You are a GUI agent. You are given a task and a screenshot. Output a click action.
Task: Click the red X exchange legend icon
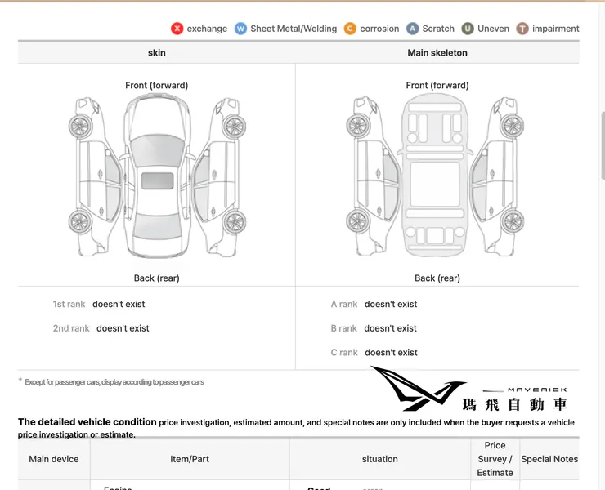pos(177,29)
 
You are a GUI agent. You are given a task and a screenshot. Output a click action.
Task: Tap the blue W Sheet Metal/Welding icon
pos(240,29)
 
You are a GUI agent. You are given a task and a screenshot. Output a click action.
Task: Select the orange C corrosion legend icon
pos(350,29)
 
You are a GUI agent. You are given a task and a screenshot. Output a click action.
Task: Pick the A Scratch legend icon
pos(413,29)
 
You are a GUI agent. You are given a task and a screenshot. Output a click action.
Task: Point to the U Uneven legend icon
pos(468,29)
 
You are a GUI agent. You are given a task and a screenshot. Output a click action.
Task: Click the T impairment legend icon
pos(522,29)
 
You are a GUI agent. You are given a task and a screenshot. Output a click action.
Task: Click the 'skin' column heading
pos(157,52)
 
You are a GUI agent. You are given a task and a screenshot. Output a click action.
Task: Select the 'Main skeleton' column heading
pos(437,52)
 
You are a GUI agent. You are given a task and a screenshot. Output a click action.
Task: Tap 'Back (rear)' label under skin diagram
pos(157,278)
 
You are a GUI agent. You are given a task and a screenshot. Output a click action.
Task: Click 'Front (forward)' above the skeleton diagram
pos(437,86)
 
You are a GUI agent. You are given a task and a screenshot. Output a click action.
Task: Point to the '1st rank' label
pos(69,305)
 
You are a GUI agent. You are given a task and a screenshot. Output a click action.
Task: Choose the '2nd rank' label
pos(71,328)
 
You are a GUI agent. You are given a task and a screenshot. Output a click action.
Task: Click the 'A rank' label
pos(344,305)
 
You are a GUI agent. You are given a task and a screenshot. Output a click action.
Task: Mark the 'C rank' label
pos(344,353)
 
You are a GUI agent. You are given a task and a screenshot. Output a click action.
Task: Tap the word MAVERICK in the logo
pos(537,390)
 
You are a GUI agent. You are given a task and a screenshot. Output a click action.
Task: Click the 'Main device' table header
pos(54,459)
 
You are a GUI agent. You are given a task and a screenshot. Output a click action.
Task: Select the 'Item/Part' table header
pos(190,459)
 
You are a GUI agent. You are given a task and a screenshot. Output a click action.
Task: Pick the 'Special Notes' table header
pos(549,459)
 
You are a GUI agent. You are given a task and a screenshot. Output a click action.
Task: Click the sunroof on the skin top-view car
pos(157,180)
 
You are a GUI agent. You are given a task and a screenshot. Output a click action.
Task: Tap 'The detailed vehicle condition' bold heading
pos(87,422)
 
